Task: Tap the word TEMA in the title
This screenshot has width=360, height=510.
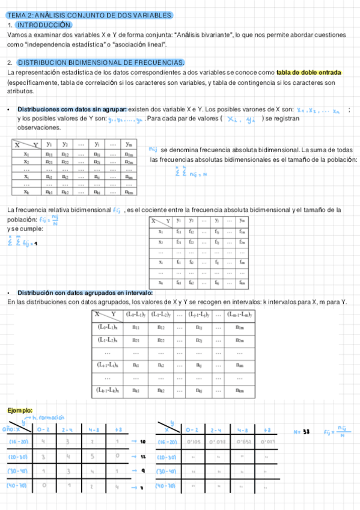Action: [16, 14]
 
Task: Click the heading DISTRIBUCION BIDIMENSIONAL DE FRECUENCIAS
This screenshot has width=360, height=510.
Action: [101, 63]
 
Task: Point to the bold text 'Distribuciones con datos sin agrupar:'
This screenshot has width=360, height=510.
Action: [72, 109]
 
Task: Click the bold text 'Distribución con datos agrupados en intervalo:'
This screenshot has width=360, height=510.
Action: [84, 292]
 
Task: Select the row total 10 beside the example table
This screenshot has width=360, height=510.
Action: [143, 442]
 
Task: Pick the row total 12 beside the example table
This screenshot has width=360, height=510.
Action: [143, 457]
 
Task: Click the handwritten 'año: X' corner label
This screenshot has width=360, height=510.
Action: [12, 429]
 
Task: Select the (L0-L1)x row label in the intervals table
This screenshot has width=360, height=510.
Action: [108, 327]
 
